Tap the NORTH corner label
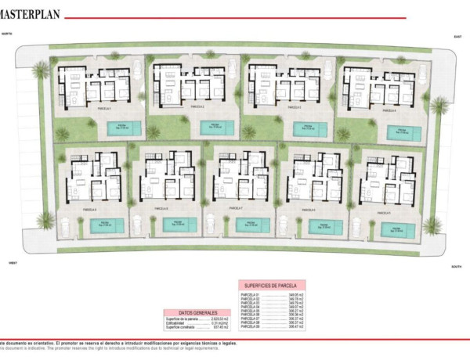(x=8, y=35)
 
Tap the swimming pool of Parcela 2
(x=214, y=127)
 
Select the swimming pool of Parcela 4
(x=403, y=132)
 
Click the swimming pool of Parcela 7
(x=252, y=225)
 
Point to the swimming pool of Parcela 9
(x=398, y=229)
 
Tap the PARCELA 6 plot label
(x=161, y=210)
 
